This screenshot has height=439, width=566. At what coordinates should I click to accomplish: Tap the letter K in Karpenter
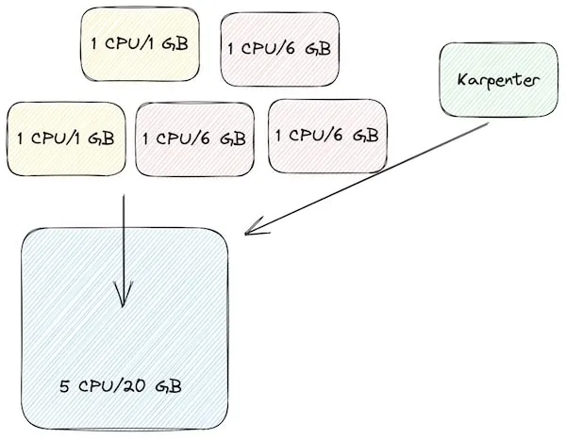click(x=462, y=81)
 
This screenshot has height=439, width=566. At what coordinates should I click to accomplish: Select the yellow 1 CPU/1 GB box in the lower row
click(x=66, y=138)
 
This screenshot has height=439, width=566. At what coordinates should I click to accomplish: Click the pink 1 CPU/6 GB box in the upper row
click(x=279, y=47)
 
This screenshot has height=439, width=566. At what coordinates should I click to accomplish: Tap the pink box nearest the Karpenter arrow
click(x=327, y=136)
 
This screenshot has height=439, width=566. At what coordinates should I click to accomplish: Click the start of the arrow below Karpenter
click(x=488, y=123)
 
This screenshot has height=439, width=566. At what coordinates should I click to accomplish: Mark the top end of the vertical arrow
click(x=123, y=196)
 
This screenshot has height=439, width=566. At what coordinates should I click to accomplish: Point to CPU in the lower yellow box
click(x=50, y=138)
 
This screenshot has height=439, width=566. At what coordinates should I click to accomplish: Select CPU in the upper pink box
click(x=262, y=47)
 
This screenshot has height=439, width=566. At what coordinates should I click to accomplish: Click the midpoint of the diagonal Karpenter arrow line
click(x=368, y=178)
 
